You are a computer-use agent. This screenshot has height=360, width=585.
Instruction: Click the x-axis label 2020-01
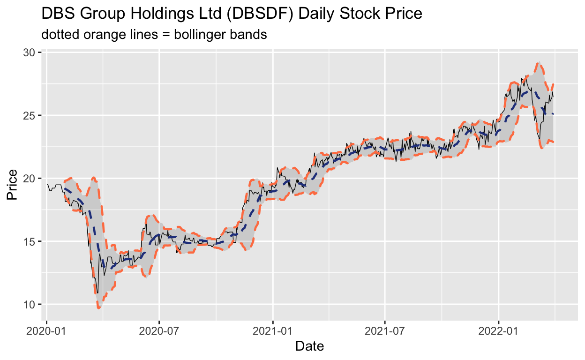[47, 330]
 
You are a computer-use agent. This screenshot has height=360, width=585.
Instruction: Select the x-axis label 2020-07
[159, 330]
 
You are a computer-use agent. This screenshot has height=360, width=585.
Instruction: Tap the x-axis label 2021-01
[272, 330]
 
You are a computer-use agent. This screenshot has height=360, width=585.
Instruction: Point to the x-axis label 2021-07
[384, 330]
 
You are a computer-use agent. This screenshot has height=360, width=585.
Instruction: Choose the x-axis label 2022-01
[498, 330]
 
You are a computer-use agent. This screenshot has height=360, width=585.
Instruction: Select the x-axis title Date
[309, 347]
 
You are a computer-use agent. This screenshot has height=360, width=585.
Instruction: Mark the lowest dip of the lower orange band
[99, 308]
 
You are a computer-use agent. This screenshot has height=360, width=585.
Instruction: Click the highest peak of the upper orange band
[539, 62]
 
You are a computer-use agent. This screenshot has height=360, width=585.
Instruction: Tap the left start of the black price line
[47, 184]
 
